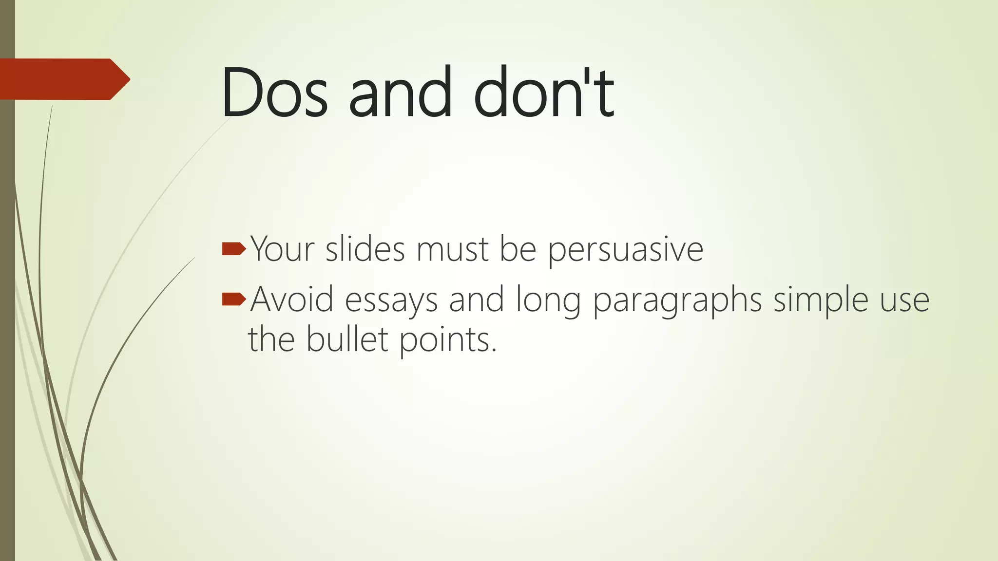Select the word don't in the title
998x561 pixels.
(543, 93)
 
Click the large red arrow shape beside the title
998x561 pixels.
(63, 79)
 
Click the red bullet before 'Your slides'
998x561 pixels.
(233, 249)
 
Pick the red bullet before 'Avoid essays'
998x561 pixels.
(233, 299)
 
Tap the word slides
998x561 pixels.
(365, 249)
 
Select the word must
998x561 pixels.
(452, 249)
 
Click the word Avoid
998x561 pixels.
(292, 299)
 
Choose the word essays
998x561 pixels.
(391, 300)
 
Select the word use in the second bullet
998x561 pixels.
(904, 300)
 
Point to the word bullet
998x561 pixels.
(347, 339)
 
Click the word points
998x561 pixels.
(447, 340)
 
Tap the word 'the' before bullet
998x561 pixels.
(271, 339)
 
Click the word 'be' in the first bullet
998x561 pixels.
(518, 249)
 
